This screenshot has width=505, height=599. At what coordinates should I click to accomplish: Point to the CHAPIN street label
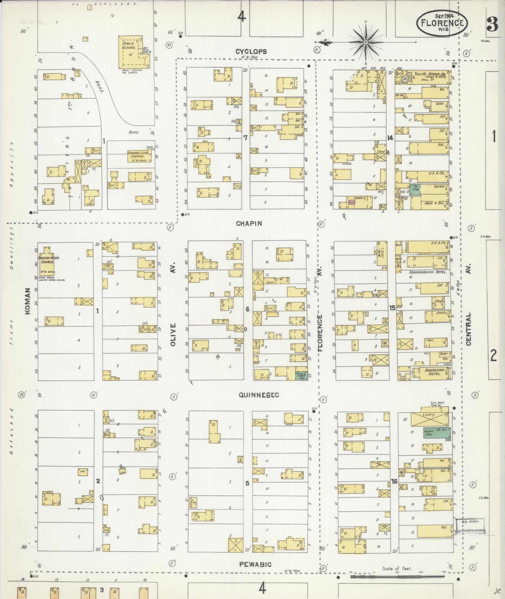(x=249, y=223)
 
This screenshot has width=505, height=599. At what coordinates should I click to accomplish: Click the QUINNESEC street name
(x=259, y=395)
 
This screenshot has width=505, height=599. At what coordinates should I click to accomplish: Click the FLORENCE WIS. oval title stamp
(x=442, y=23)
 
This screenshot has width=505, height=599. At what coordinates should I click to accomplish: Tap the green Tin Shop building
(x=415, y=190)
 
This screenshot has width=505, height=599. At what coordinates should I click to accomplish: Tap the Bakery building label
(x=360, y=198)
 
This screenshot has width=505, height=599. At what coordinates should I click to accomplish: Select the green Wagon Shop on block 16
(x=429, y=433)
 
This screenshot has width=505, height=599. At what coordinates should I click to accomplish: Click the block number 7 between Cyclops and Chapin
(x=245, y=138)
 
